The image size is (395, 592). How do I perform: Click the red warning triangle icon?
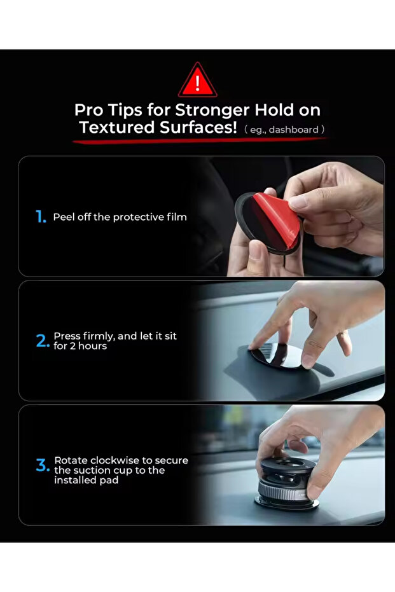click(197, 81)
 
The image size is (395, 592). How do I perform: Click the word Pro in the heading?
click(89, 110)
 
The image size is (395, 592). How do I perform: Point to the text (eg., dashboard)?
click(285, 130)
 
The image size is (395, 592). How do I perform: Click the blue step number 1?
click(41, 217)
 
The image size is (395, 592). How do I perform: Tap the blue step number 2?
click(42, 341)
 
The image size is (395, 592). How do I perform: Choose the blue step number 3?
click(42, 465)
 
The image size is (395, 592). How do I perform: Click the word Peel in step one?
click(63, 217)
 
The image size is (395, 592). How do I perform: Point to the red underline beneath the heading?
click(197, 140)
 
